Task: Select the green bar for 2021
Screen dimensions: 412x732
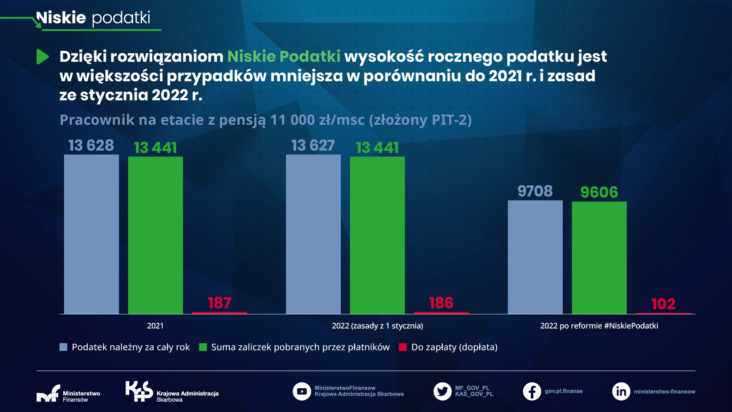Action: [x=155, y=235]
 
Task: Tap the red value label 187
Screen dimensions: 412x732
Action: [x=219, y=303]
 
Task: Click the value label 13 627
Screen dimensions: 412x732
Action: [x=313, y=146]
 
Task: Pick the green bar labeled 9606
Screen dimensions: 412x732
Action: [x=599, y=257]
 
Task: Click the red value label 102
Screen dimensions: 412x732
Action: [x=663, y=304]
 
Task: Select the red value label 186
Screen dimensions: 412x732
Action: [x=441, y=303]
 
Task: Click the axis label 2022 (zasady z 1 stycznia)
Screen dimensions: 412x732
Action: [x=377, y=326]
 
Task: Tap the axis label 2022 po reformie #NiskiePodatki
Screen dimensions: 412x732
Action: [x=599, y=326]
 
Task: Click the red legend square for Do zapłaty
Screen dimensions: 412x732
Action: [x=403, y=347]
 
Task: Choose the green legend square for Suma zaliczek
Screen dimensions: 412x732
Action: [x=203, y=347]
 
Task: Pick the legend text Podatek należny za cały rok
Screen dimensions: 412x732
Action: [x=130, y=347]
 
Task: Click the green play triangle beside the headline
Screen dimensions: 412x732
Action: [x=42, y=57]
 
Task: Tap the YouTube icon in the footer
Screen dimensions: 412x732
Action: [x=302, y=391]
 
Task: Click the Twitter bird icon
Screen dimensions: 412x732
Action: [x=442, y=391]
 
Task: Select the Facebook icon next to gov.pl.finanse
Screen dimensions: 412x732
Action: [x=532, y=391]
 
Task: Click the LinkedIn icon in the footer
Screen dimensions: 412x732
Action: [x=621, y=391]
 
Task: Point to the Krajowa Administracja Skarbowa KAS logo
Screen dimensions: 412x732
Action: [x=139, y=391]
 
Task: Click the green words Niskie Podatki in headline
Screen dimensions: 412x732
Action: [x=284, y=56]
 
